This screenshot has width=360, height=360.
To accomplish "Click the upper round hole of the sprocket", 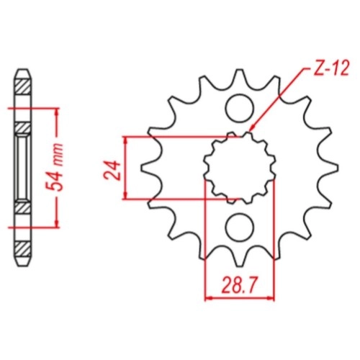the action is tap(240, 108).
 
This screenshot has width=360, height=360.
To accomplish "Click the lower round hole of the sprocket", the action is tap(240, 228).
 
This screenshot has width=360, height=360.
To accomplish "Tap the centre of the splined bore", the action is tap(240, 168).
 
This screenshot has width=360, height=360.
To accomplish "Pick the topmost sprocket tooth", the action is tap(239, 78).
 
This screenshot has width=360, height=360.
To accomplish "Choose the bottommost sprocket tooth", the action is tap(239, 257).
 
